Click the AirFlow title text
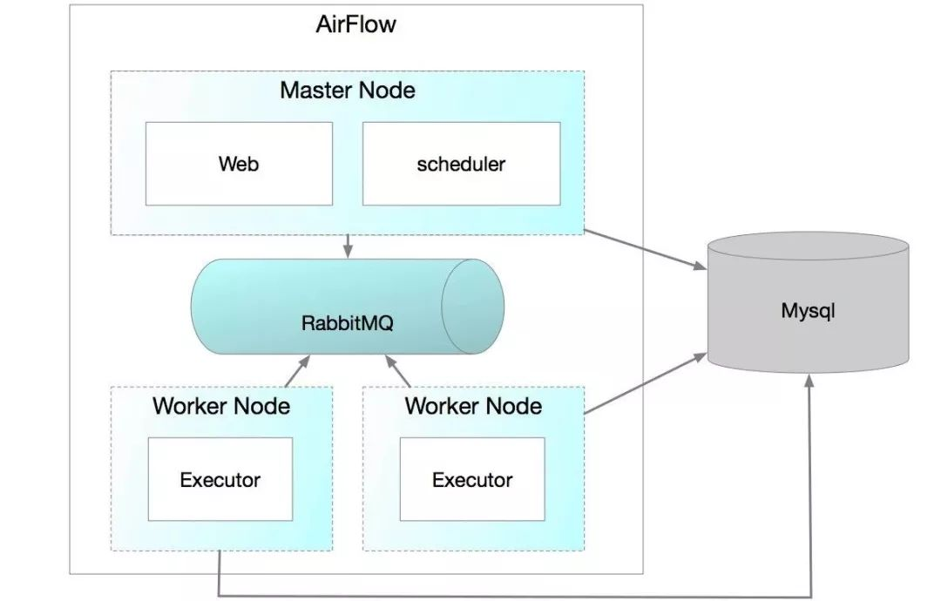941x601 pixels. click(355, 24)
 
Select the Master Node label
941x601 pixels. click(347, 90)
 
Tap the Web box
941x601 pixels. click(239, 164)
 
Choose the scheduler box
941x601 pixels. click(461, 164)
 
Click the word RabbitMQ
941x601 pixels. click(347, 323)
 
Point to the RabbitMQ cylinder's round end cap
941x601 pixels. click(473, 307)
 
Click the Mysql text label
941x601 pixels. click(808, 310)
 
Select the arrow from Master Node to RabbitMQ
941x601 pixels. click(348, 246)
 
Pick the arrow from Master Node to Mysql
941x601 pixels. click(645, 248)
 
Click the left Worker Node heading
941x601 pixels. click(221, 405)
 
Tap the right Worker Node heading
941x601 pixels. click(473, 405)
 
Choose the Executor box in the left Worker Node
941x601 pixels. click(220, 480)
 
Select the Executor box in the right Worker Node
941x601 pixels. click(472, 480)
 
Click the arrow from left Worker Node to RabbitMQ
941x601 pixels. click(297, 370)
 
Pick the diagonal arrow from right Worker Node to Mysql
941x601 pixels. click(645, 384)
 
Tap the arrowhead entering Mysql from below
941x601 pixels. click(810, 382)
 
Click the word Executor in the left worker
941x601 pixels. click(220, 480)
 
